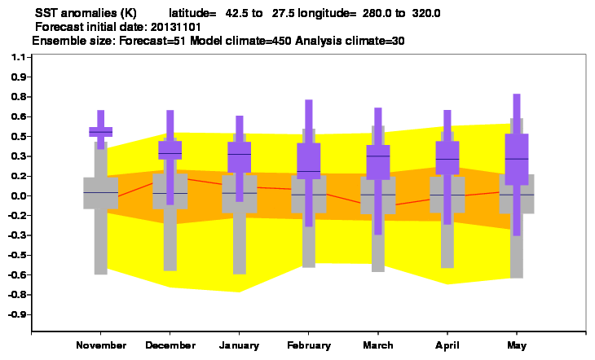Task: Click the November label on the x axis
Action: pyautogui.click(x=101, y=345)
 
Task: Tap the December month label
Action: pyautogui.click(x=170, y=345)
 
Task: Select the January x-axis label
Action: pyautogui.click(x=239, y=345)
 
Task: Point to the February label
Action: pyautogui.click(x=309, y=345)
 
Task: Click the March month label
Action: pyautogui.click(x=378, y=345)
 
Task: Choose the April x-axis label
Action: pyautogui.click(x=447, y=345)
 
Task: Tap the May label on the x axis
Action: pyautogui.click(x=517, y=345)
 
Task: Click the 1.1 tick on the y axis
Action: pyautogui.click(x=18, y=57)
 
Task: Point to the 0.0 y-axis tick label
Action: pyautogui.click(x=18, y=195)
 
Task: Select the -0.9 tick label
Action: pyautogui.click(x=17, y=314)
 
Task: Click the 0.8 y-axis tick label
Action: pyautogui.click(x=18, y=97)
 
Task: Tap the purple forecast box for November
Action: pyautogui.click(x=100, y=132)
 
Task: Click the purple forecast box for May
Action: pyautogui.click(x=517, y=160)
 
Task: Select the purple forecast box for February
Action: pyautogui.click(x=309, y=160)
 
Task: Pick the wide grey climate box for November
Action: pyautogui.click(x=100, y=193)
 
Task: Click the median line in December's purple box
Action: pyautogui.click(x=170, y=153)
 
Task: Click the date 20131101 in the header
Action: pyautogui.click(x=176, y=28)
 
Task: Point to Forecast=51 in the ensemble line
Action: pyautogui.click(x=152, y=41)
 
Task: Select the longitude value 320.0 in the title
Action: pyautogui.click(x=426, y=13)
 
